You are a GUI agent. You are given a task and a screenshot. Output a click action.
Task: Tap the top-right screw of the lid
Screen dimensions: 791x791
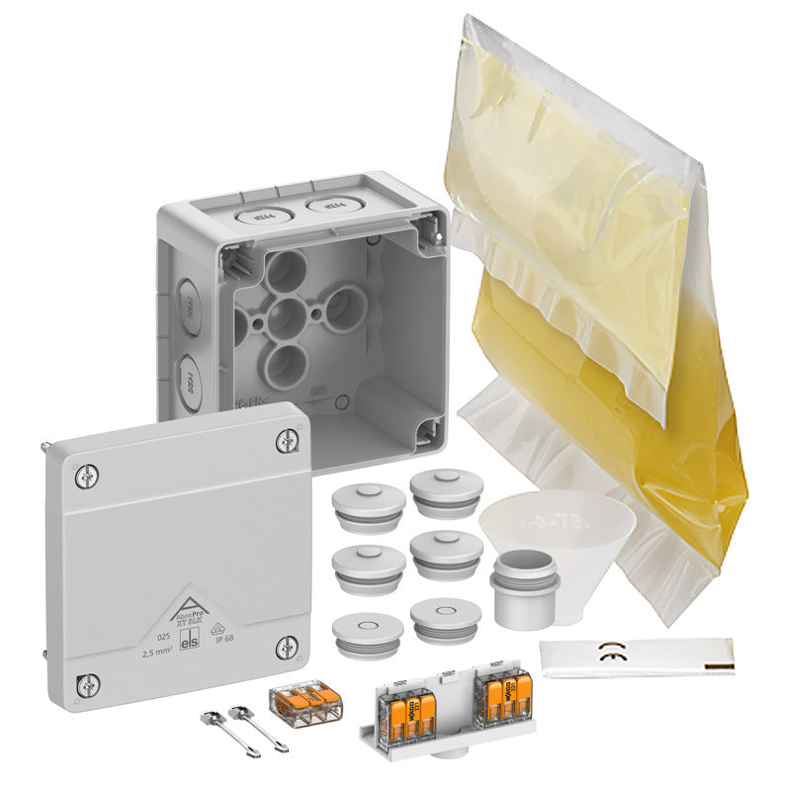pos(286,442)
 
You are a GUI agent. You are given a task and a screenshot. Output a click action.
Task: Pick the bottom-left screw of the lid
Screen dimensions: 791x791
pos(88,683)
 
